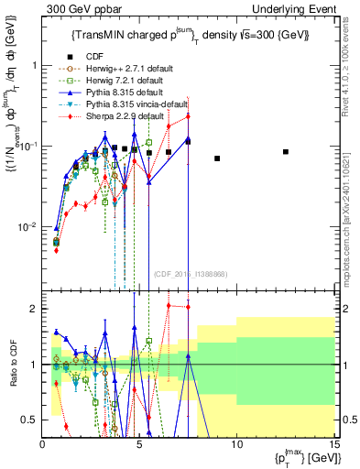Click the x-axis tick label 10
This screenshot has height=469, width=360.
click(x=236, y=444)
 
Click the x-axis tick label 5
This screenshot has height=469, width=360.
click(x=139, y=444)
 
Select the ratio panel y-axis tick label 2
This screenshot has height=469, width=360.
click(x=33, y=309)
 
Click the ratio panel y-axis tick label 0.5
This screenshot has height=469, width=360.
click(x=29, y=420)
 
